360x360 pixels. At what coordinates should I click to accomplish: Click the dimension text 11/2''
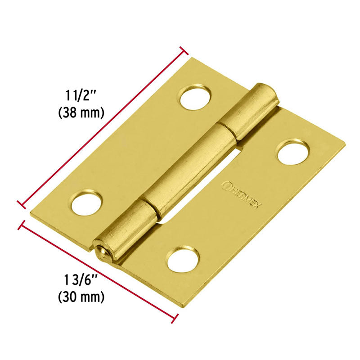[x=81, y=96]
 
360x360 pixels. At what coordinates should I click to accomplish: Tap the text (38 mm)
[x=81, y=112]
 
